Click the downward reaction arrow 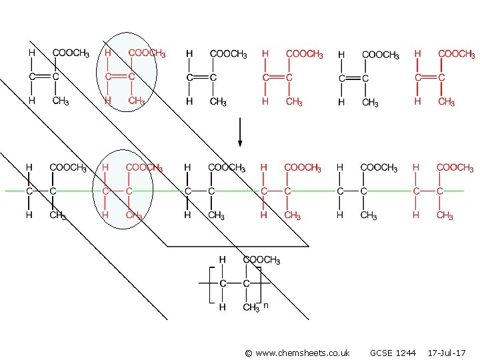click(241, 133)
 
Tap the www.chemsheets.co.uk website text click(301, 352)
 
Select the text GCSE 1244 click(393, 352)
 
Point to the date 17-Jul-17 click(447, 352)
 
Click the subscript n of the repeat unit click(265, 305)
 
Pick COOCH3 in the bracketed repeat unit click(261, 260)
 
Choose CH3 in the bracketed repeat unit click(251, 307)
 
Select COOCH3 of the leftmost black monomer click(71, 53)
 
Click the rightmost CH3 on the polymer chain click(445, 215)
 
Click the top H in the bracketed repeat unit click(223, 259)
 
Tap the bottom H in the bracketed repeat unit click(223, 307)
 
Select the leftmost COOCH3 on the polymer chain click(69, 168)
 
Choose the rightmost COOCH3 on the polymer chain click(455, 168)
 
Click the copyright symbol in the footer click(248, 352)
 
